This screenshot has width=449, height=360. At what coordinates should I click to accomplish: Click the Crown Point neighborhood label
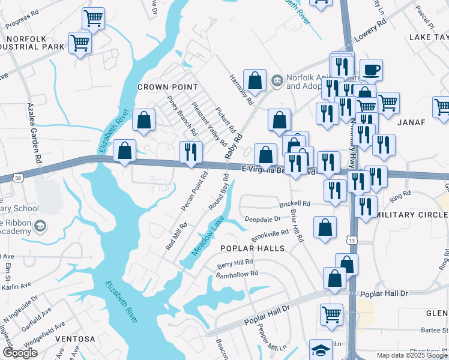pos(167,87)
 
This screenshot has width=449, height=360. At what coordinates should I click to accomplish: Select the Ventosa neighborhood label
pos(75,339)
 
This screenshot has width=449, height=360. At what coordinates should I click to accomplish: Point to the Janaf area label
pos(411,122)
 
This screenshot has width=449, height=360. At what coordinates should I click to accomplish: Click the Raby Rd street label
pos(234,146)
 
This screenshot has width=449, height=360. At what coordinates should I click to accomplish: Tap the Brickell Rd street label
pos(294,204)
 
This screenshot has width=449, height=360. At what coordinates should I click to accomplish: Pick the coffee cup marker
pos(371,68)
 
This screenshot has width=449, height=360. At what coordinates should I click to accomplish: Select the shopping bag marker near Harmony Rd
pos(255,80)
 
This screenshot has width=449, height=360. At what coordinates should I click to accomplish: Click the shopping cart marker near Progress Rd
pos(93,18)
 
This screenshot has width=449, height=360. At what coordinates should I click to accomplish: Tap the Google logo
pos(20,353)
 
